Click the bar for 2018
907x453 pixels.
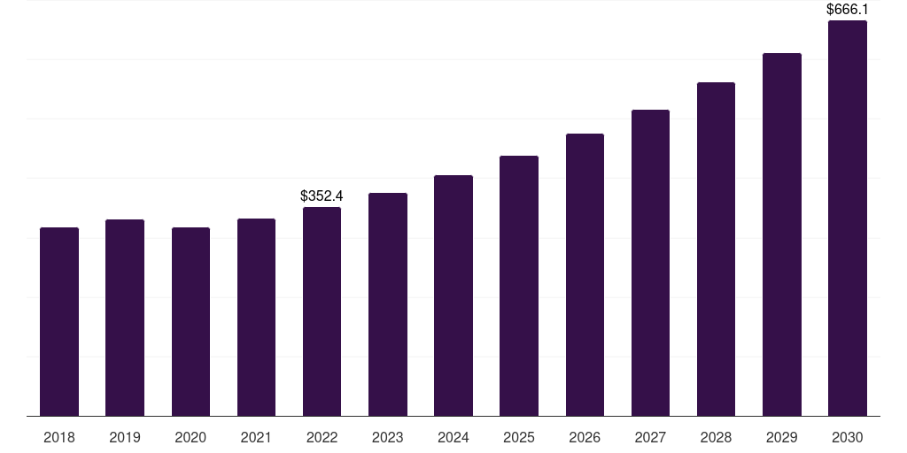pyautogui.click(x=59, y=322)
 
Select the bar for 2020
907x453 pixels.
pyautogui.click(x=190, y=322)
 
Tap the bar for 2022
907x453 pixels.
pyautogui.click(x=322, y=311)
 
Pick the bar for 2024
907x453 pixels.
pyautogui.click(x=453, y=296)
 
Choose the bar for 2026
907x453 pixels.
pyautogui.click(x=585, y=275)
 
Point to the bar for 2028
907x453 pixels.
pyautogui.click(x=716, y=250)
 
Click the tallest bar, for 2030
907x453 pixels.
pyautogui.click(x=847, y=219)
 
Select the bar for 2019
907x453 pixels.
pyautogui.click(x=125, y=318)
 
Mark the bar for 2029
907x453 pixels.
pyautogui.click(x=781, y=234)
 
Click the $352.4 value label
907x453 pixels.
pyautogui.click(x=322, y=196)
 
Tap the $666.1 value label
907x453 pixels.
pyautogui.click(x=847, y=10)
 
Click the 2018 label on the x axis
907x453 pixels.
pyautogui.click(x=59, y=437)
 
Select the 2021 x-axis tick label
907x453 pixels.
pyautogui.click(x=256, y=437)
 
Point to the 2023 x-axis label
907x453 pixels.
pyautogui.click(x=387, y=437)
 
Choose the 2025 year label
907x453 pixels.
pyautogui.click(x=519, y=437)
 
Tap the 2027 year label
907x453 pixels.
pyautogui.click(x=650, y=437)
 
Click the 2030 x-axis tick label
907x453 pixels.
pyautogui.click(x=847, y=437)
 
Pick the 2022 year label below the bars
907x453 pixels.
pyautogui.click(x=322, y=437)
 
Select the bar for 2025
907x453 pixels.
pyautogui.click(x=519, y=286)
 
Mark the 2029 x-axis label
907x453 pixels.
pyautogui.click(x=781, y=437)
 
